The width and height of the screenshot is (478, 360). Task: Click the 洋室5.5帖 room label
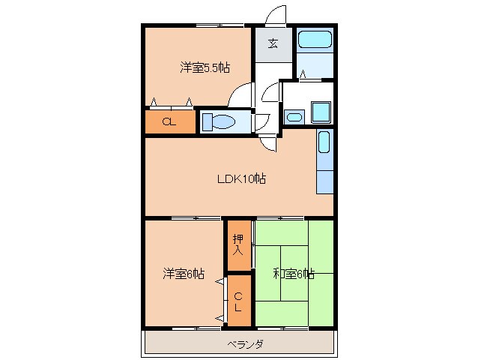coord(204,67)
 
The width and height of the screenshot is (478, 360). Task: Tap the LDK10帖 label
coord(241,178)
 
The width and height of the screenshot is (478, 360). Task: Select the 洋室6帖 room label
coord(184,274)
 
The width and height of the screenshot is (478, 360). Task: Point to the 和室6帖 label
coord(293,274)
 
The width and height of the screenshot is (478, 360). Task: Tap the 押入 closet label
coord(238,244)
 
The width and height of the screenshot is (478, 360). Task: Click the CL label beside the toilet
coord(169,123)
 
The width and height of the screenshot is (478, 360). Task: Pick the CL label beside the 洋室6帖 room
coord(238,301)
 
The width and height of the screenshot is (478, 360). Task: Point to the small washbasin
coord(293,117)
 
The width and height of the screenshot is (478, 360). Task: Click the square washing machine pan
coord(322,112)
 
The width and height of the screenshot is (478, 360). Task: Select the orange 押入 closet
coord(238,245)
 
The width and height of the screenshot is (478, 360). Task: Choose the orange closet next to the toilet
coord(170,122)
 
